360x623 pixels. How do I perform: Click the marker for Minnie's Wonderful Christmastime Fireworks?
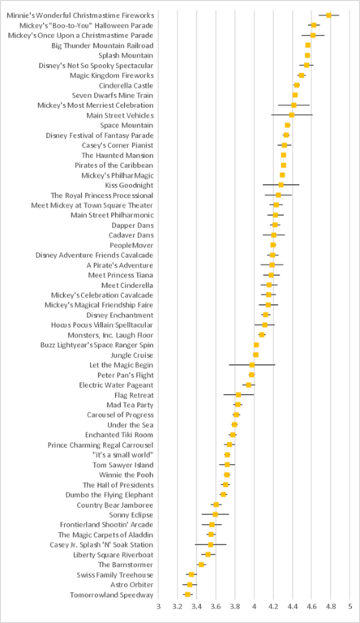(328, 15)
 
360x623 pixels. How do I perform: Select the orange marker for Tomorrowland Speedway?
(187, 595)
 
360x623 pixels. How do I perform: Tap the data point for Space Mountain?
(287, 125)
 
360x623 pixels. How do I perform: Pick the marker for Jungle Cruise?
(255, 354)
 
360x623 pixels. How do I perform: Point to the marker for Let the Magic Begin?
(252, 365)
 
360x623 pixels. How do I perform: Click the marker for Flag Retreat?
(238, 394)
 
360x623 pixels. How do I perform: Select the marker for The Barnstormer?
(201, 565)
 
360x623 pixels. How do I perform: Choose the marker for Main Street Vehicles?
(291, 115)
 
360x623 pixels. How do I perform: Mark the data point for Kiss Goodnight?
(281, 185)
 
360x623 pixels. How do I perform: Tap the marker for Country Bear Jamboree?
(216, 505)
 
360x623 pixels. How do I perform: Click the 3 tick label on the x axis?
(159, 606)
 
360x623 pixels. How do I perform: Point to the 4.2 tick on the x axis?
(273, 606)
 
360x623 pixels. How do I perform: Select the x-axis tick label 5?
(350, 606)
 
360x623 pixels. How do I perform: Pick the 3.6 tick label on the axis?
(216, 606)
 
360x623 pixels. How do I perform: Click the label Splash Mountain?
(126, 55)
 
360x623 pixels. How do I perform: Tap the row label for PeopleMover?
(131, 245)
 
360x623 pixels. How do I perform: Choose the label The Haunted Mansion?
(118, 156)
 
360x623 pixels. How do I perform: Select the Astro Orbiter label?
(132, 585)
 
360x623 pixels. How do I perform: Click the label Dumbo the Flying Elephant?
(109, 495)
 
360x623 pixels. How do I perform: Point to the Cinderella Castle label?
(126, 85)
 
